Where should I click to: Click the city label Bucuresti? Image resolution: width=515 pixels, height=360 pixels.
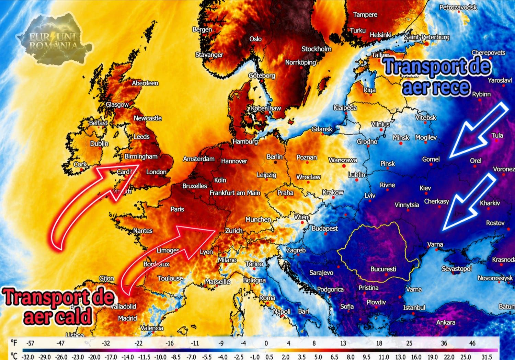pyautogui.click(x=383, y=269)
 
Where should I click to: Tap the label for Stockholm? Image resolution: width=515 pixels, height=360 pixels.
pyautogui.click(x=316, y=49)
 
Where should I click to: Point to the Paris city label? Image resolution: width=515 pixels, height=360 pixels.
pyautogui.click(x=177, y=209)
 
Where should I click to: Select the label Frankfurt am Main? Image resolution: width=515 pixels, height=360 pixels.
pyautogui.click(x=235, y=193)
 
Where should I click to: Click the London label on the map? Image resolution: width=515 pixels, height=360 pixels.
pyautogui.click(x=156, y=172)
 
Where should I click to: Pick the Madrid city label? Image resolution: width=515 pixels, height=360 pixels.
pyautogui.click(x=127, y=318)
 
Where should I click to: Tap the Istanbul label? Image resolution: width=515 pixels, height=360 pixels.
pyautogui.click(x=414, y=307)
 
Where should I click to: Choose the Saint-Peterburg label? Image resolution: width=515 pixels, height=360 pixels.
pyautogui.click(x=427, y=37)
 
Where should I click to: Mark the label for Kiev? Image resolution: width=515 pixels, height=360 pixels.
pyautogui.click(x=425, y=188)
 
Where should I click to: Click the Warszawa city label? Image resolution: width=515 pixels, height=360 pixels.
pyautogui.click(x=343, y=160)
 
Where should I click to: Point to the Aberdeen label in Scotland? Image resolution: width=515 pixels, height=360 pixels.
pyautogui.click(x=145, y=83)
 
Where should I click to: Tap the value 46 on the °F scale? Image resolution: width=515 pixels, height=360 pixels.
pyautogui.click(x=472, y=343)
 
